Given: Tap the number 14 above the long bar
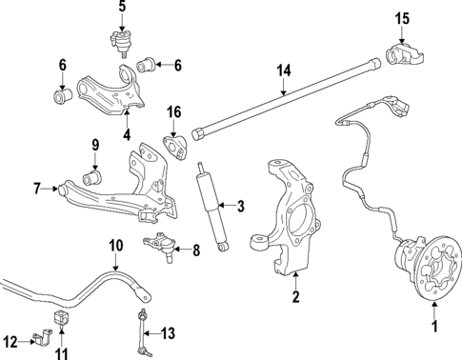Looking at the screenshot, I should [x=283, y=70].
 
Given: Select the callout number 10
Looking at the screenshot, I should [x=114, y=246].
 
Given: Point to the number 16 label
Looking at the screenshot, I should [x=173, y=111].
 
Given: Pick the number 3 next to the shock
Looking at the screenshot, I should [x=241, y=206].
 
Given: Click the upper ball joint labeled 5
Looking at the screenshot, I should [x=121, y=42].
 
